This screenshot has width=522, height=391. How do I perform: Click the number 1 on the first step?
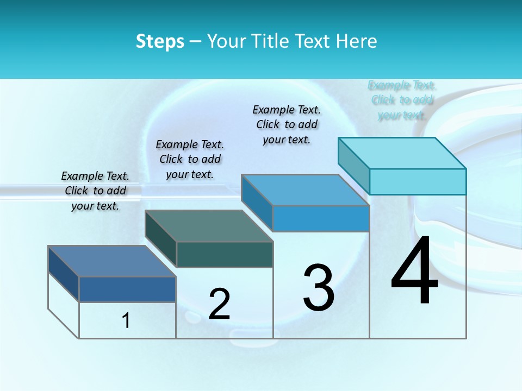126,321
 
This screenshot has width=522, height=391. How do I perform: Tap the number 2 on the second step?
219,304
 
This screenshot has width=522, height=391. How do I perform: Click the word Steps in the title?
160,41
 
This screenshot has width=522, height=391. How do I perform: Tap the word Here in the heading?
357,41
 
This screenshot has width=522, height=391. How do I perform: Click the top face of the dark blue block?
112,261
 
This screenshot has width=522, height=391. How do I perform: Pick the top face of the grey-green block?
209,226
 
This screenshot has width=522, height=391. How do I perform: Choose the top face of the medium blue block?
306,190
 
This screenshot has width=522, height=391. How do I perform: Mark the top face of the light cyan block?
402,153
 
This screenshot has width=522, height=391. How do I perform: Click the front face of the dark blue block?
127,289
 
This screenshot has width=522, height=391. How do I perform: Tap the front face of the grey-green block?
225,255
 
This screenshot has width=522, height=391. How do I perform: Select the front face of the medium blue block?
321,219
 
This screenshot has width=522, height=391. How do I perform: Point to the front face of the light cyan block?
418,181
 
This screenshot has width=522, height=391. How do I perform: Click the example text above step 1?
95,191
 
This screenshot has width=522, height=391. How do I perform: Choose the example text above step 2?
190,159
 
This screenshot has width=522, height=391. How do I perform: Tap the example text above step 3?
287,124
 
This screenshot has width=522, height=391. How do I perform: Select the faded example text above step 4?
402,100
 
